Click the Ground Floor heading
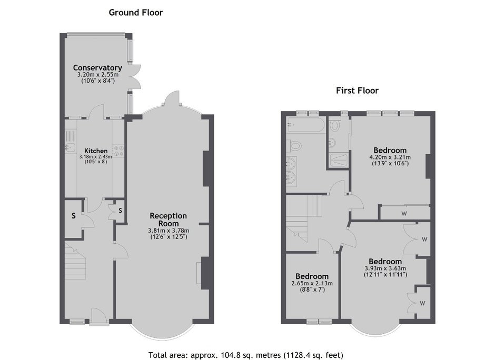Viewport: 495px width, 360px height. [x=136, y=13]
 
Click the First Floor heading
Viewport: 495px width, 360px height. [x=357, y=91]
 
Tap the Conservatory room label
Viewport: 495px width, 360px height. [x=97, y=67]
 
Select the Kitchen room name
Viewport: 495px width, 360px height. [x=96, y=151]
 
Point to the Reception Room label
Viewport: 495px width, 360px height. [x=169, y=219]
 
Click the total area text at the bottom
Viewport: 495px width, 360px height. [x=245, y=355]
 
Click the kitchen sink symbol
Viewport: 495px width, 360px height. [x=70, y=146]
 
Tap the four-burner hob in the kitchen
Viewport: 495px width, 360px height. [x=118, y=151]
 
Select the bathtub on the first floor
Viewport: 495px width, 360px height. [x=305, y=125]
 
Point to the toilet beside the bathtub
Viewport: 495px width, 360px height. [x=294, y=146]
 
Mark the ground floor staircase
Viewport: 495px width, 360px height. [x=75, y=261]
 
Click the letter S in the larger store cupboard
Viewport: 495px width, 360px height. [x=74, y=216]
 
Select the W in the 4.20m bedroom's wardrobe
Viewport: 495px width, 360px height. [x=404, y=214]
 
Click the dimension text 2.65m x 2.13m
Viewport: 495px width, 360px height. [x=312, y=283]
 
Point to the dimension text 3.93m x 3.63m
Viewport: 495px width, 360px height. [x=385, y=268]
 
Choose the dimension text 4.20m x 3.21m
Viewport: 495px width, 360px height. [x=390, y=157]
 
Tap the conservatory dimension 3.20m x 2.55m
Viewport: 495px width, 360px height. [x=98, y=75]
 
